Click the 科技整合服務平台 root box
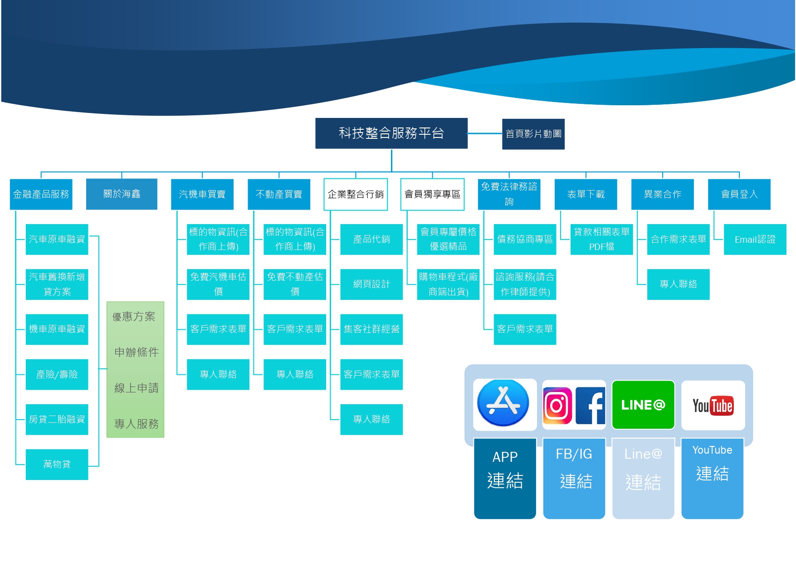[391, 133]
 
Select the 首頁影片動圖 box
[533, 134]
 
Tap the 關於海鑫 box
[122, 194]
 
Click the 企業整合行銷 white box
[356, 194]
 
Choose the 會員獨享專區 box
[432, 194]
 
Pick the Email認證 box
[755, 239]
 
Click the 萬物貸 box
[57, 464]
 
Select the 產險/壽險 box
[57, 374]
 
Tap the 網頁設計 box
[371, 284]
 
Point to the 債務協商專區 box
[525, 239]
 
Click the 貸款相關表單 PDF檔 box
[601, 239]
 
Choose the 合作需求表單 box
[678, 239]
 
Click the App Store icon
[503, 403]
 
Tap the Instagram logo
[557, 405]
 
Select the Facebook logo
[590, 405]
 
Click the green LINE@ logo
[643, 405]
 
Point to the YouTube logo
[713, 405]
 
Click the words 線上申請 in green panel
[136, 388]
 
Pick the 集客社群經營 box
[371, 329]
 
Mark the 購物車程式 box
[448, 284]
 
